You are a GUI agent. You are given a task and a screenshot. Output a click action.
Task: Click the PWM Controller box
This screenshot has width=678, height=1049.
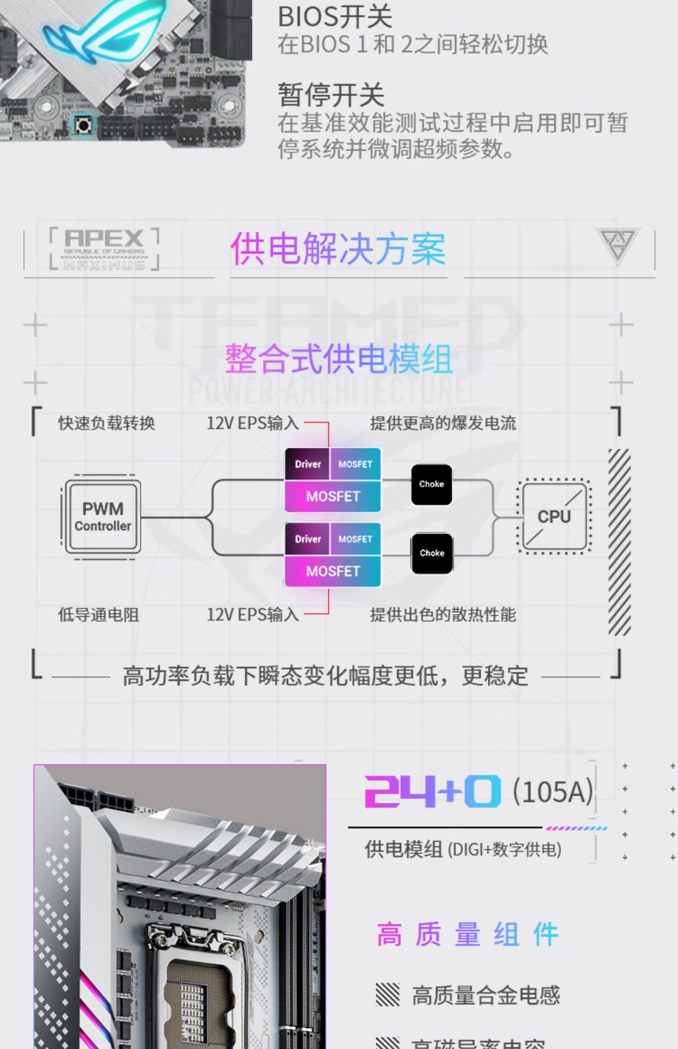(103, 517)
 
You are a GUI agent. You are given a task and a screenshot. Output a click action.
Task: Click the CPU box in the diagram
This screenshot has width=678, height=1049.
(554, 516)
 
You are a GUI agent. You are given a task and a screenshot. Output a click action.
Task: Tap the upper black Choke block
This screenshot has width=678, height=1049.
(431, 484)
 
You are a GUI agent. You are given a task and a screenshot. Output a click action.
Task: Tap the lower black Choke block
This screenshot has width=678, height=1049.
(432, 553)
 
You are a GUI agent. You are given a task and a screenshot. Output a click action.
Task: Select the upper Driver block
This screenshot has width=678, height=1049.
(307, 464)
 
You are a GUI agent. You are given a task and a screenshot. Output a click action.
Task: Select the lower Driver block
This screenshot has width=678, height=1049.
(307, 539)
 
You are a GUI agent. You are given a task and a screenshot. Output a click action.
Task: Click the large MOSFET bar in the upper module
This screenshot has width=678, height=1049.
(333, 496)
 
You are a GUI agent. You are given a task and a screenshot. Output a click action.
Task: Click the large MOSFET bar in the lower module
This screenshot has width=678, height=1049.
(333, 571)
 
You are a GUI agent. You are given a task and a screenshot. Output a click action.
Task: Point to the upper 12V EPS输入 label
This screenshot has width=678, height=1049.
(253, 423)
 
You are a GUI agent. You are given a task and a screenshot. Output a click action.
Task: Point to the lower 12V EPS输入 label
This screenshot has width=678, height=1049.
(253, 614)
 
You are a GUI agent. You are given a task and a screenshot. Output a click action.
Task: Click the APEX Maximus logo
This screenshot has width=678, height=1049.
(104, 249)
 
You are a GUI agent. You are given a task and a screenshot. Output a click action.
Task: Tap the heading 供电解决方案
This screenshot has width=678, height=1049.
(338, 248)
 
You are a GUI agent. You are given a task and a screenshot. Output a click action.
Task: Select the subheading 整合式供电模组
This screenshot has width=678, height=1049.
(339, 359)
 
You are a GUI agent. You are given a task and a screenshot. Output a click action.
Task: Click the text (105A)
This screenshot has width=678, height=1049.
(553, 791)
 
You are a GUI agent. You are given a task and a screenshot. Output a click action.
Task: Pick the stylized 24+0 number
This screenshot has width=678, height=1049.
(433, 791)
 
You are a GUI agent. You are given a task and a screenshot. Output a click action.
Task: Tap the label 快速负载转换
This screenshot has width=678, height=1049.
(107, 423)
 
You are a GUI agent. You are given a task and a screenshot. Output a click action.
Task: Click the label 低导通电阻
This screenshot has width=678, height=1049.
(99, 614)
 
